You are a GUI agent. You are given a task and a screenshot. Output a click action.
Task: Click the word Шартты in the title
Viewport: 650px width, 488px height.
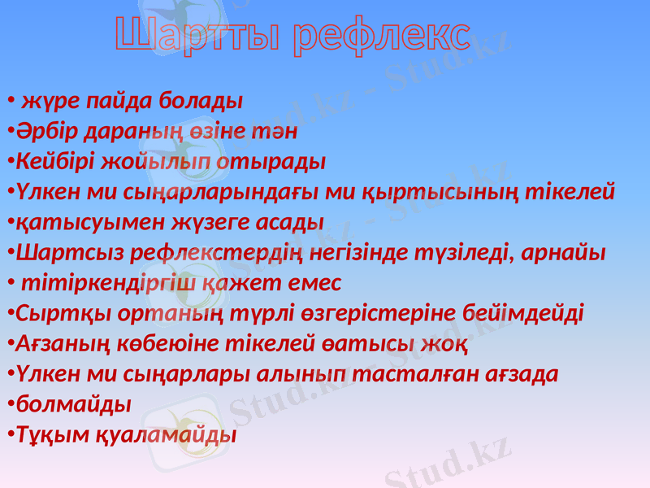(198, 36)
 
